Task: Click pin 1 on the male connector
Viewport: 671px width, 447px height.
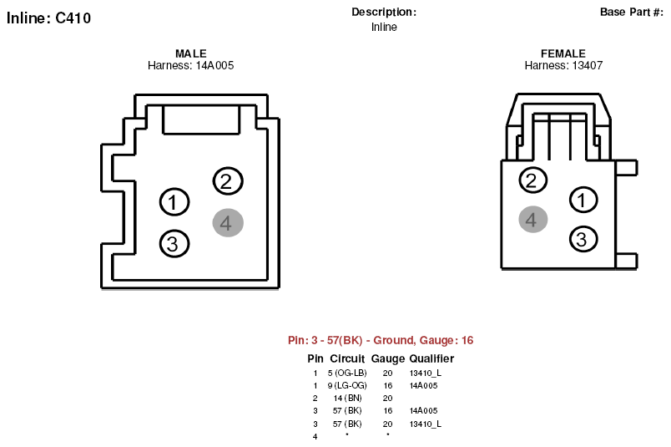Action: [x=174, y=202]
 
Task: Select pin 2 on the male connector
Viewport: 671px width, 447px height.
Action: [x=228, y=181]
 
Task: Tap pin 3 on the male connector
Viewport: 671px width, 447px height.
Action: [x=174, y=244]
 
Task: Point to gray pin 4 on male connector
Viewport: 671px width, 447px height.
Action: [x=228, y=223]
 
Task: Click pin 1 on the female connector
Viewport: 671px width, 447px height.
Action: [x=583, y=200]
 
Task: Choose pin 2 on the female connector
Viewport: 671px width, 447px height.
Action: [x=532, y=180]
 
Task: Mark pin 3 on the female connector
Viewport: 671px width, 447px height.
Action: [x=583, y=239]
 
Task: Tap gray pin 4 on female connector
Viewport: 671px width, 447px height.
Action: [x=532, y=220]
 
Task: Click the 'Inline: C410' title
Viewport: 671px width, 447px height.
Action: [x=48, y=18]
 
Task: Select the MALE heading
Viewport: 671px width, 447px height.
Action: [x=191, y=53]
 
